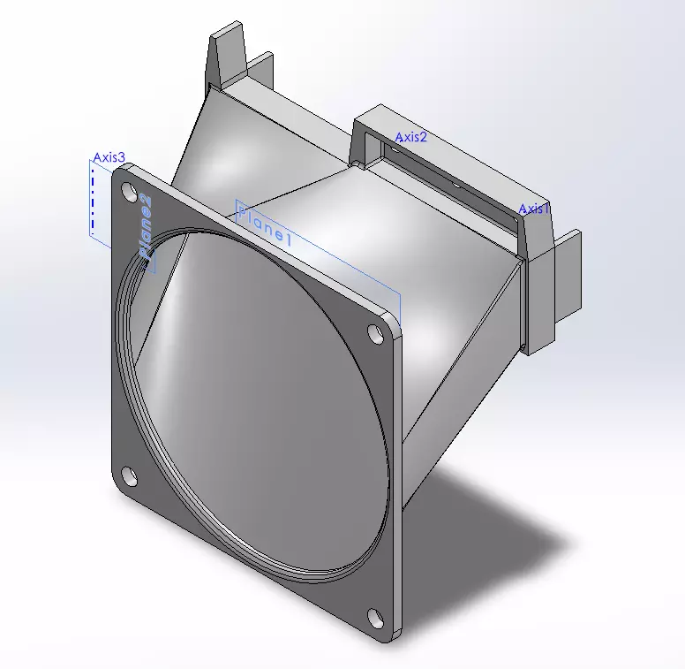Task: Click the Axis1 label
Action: (x=534, y=209)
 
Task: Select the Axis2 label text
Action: (x=410, y=137)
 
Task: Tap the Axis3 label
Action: (x=109, y=157)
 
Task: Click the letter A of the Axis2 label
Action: (x=399, y=137)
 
